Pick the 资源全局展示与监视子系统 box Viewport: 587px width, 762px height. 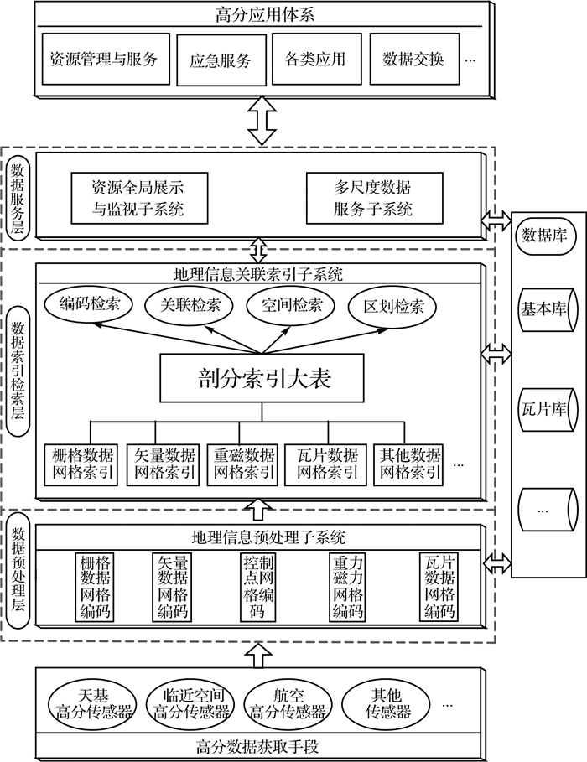point(138,197)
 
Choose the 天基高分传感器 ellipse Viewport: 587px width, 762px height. point(93,704)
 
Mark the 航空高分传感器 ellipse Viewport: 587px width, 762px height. point(288,704)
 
